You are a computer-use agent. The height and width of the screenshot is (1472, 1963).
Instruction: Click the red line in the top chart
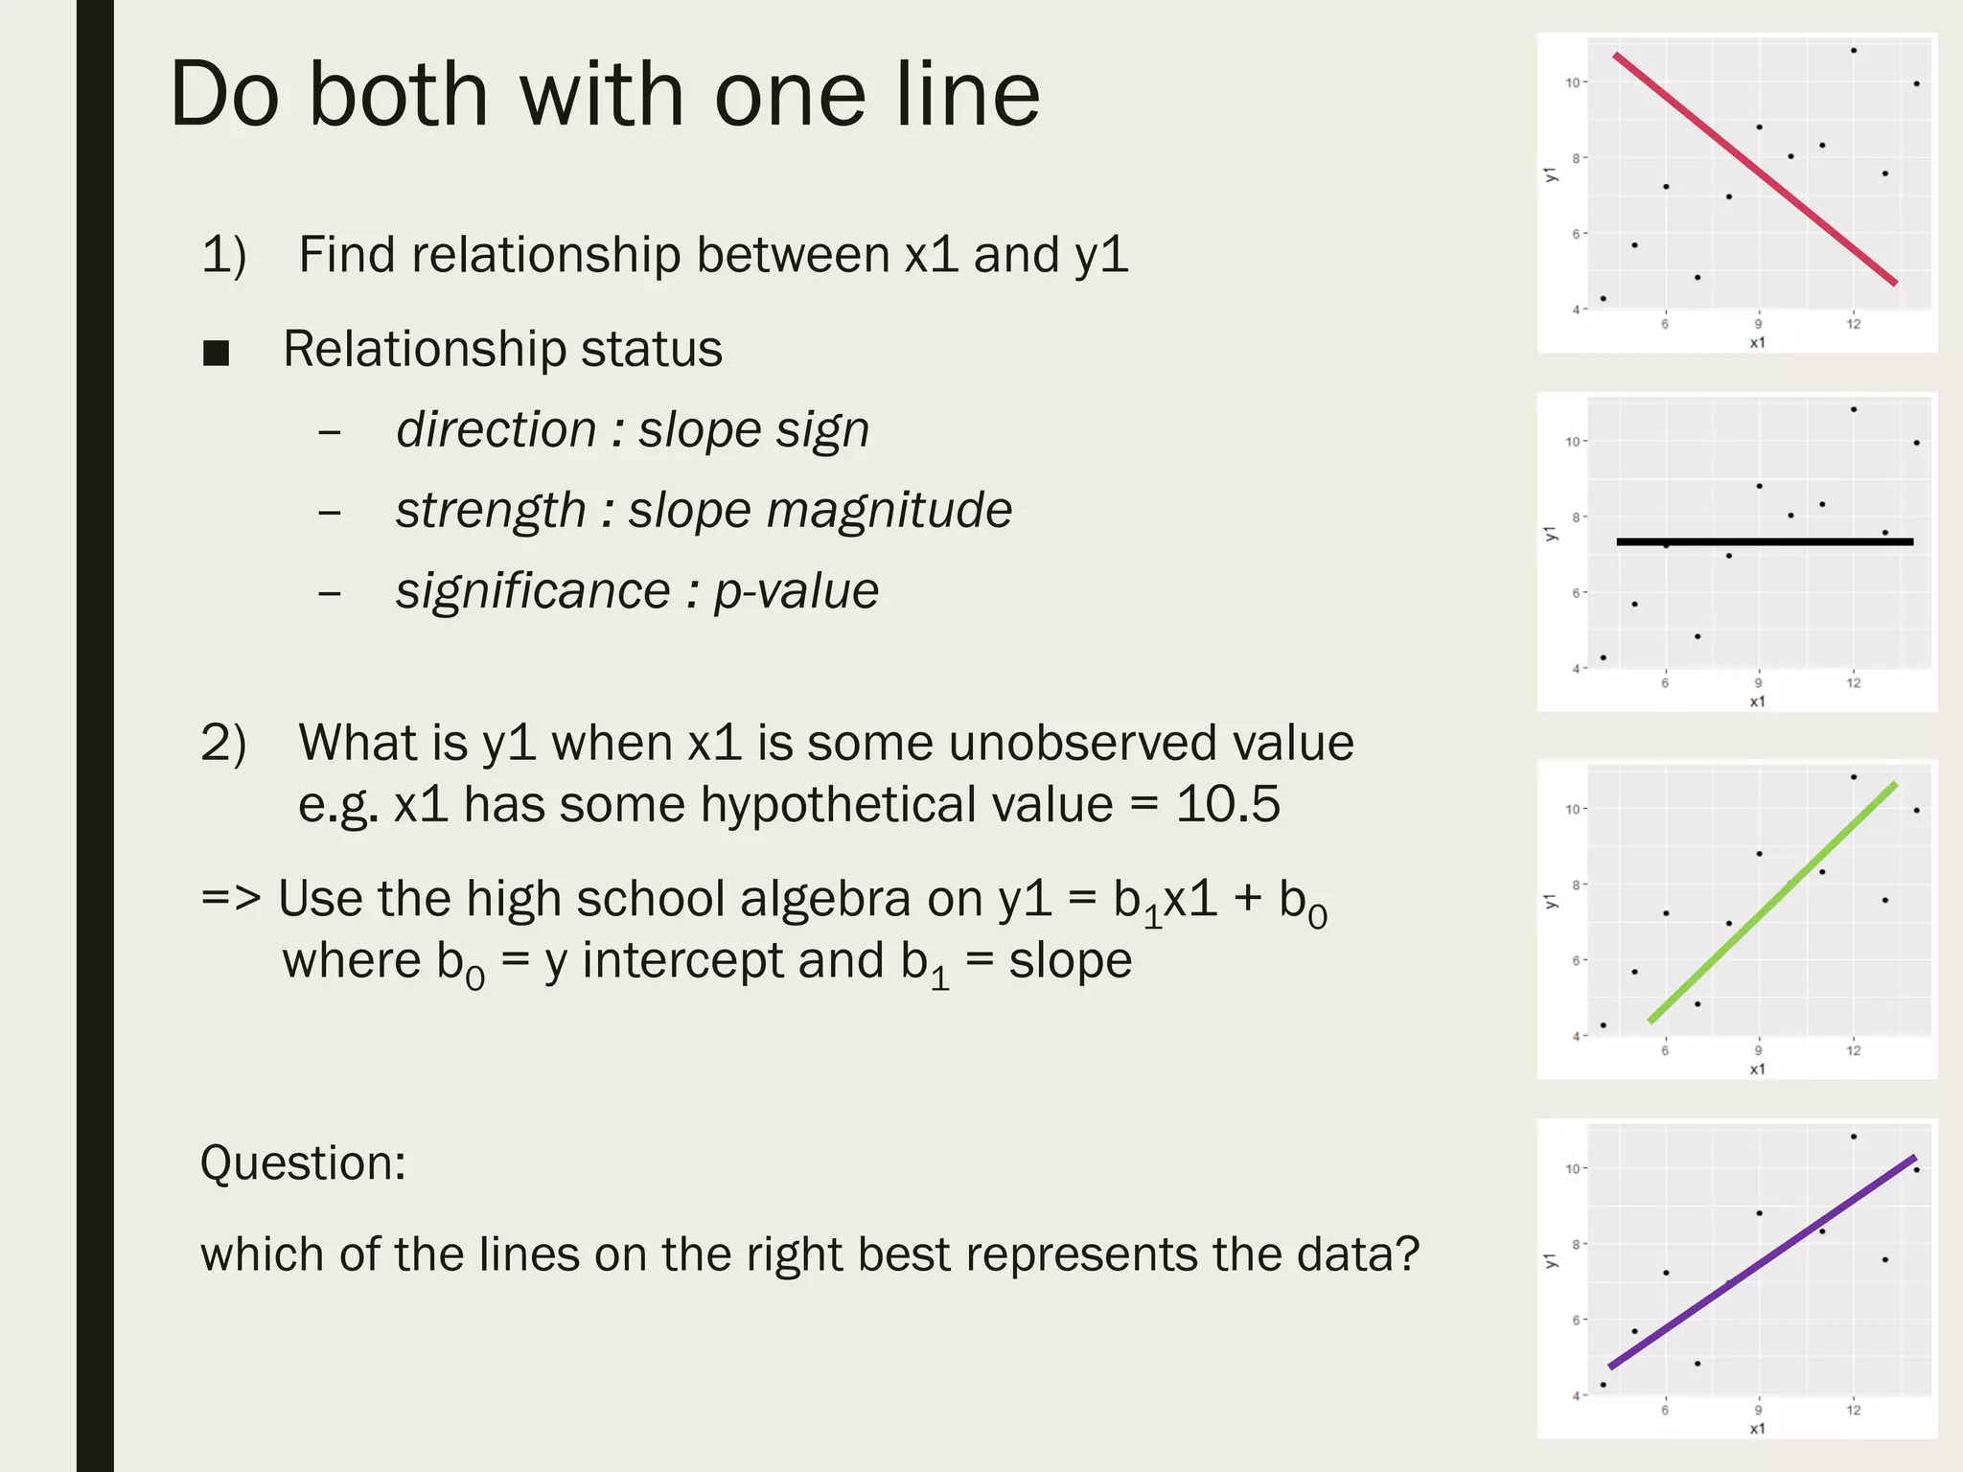tap(1754, 169)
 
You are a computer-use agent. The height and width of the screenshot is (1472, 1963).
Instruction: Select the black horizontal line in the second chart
tap(1764, 542)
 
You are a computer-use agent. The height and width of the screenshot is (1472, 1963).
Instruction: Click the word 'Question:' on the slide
tap(303, 1163)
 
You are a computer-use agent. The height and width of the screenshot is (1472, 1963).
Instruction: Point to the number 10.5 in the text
tap(1227, 804)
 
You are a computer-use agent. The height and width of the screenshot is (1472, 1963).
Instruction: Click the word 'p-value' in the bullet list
tap(796, 591)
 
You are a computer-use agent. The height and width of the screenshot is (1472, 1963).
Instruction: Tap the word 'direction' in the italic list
tap(497, 429)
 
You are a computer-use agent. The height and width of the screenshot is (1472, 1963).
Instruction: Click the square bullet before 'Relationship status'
tap(217, 353)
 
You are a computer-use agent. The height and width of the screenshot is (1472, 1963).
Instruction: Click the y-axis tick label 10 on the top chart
tap(1572, 82)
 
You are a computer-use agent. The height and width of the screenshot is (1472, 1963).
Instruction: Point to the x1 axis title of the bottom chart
tap(1757, 1428)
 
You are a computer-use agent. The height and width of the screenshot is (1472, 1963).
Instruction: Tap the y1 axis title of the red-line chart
tap(1551, 174)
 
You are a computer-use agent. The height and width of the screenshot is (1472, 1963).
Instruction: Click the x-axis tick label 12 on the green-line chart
tap(1854, 1050)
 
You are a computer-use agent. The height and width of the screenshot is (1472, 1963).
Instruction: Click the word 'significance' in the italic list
tap(532, 591)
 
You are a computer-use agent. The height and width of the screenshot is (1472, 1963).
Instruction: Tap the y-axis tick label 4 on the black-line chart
tap(1576, 669)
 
